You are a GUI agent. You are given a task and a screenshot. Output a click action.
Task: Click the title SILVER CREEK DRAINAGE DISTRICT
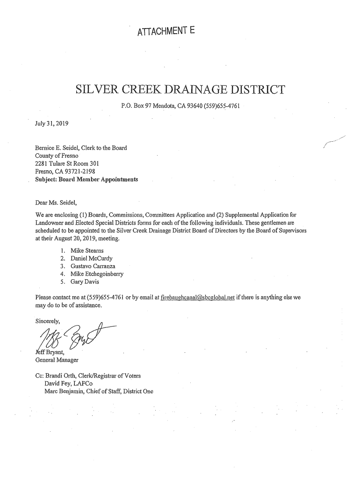[180, 89]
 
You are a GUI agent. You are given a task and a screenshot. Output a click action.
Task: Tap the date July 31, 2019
[52, 124]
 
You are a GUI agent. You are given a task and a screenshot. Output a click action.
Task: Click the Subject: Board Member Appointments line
[86, 179]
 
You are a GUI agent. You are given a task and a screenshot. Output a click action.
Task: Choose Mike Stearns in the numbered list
[87, 250]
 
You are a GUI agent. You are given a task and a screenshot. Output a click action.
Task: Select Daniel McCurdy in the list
[91, 258]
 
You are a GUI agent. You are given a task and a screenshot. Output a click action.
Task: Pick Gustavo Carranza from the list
[93, 266]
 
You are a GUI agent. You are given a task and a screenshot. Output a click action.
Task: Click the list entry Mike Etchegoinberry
[97, 274]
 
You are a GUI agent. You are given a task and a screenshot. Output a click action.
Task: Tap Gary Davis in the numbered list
[85, 282]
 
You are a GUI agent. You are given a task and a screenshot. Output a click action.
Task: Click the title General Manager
[57, 360]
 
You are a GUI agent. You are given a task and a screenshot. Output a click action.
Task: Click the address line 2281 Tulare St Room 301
[67, 164]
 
